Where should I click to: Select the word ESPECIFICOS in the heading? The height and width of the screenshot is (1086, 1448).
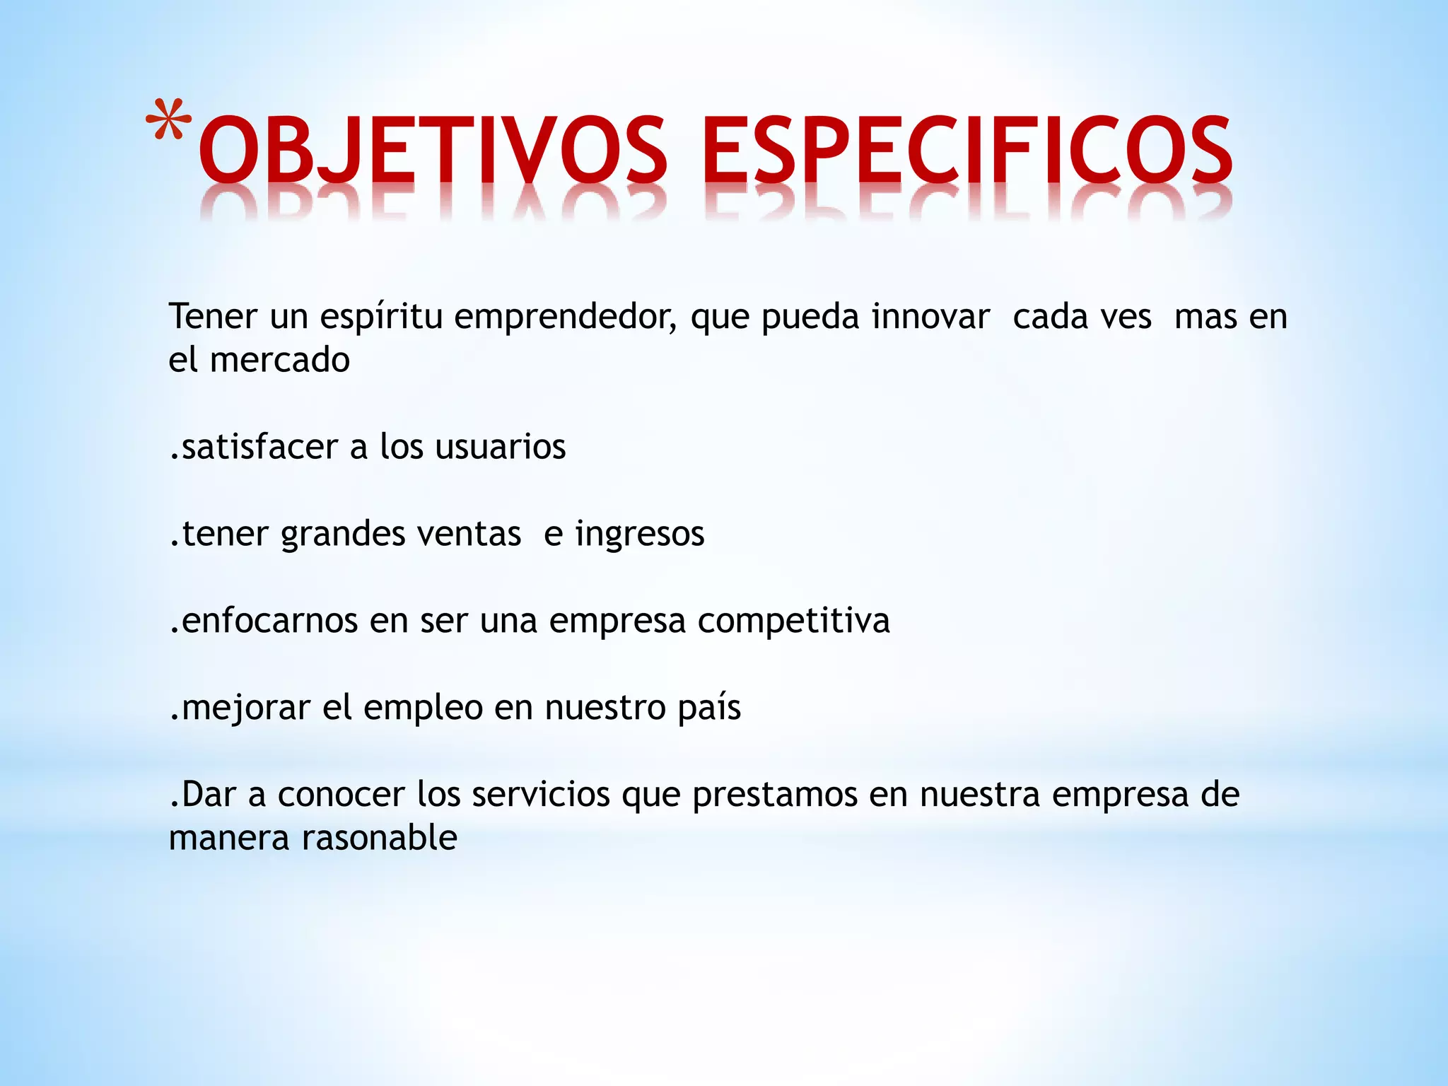(967, 150)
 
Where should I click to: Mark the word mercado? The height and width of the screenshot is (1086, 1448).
(280, 360)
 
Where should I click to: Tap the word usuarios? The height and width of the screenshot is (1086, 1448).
(501, 447)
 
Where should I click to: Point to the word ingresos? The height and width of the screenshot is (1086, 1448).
(639, 535)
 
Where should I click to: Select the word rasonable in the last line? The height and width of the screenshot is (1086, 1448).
(380, 839)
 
